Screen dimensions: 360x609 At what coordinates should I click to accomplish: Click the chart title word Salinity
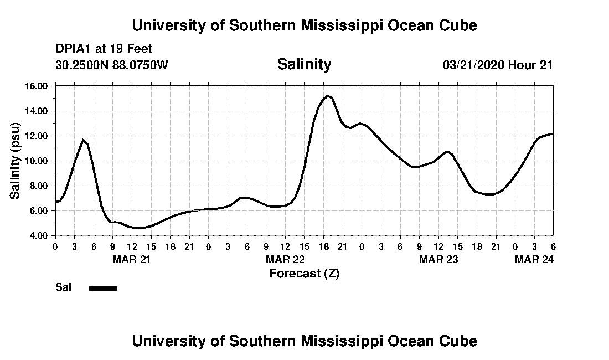[304, 64]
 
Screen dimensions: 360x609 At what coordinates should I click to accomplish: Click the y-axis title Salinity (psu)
[16, 161]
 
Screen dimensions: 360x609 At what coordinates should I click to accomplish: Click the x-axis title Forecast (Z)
[304, 273]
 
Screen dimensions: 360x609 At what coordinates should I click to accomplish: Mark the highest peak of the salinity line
[328, 96]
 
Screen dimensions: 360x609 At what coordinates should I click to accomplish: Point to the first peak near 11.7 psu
[83, 140]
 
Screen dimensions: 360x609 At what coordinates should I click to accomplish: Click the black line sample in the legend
[103, 288]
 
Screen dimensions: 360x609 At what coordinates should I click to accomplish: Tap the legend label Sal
[63, 287]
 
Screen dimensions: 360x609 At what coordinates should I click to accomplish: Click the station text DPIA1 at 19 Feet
[104, 49]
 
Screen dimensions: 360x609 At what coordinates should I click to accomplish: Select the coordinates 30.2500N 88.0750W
[112, 65]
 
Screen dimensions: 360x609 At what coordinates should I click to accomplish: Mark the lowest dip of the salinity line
[139, 228]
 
